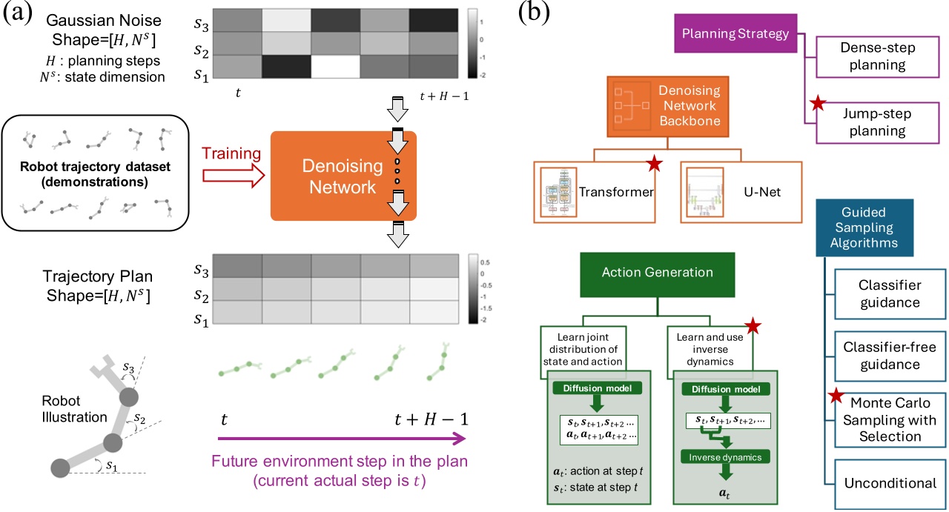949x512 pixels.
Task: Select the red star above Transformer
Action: [653, 164]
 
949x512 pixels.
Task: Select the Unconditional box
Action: [890, 483]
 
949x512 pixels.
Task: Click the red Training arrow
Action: [234, 176]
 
